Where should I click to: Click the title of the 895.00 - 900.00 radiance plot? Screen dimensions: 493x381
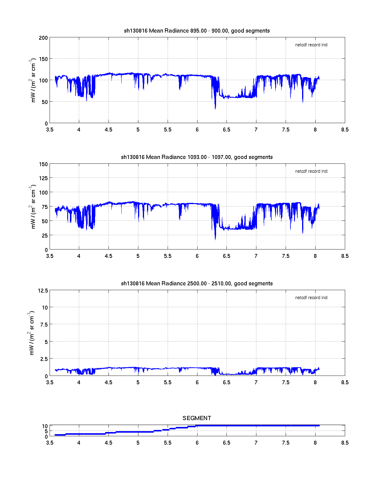pyautogui.click(x=197, y=31)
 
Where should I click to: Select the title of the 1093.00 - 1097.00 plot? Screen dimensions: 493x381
pyautogui.click(x=197, y=157)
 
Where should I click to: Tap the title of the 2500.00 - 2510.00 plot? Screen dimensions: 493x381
pyautogui.click(x=197, y=284)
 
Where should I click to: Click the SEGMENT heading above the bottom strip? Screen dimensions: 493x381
pyautogui.click(x=197, y=418)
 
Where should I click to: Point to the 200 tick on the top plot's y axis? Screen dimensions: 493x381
pyautogui.click(x=43, y=38)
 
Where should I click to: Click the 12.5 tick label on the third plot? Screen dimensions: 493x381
pyautogui.click(x=43, y=290)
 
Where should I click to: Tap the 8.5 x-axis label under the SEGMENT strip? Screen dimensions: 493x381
pyautogui.click(x=345, y=443)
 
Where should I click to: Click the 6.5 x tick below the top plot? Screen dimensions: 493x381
pyautogui.click(x=227, y=130)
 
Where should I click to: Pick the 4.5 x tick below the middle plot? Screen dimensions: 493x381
pyautogui.click(x=108, y=256)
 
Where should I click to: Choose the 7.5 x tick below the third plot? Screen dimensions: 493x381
pyautogui.click(x=286, y=382)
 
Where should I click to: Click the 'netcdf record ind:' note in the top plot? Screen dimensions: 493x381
pyautogui.click(x=311, y=45)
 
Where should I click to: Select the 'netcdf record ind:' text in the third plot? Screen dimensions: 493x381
pyautogui.click(x=311, y=298)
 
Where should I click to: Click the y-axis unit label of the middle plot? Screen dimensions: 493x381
pyautogui.click(x=33, y=207)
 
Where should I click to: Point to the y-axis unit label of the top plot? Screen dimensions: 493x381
pyautogui.click(x=33, y=80)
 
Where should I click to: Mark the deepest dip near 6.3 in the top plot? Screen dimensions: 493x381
pyautogui.click(x=215, y=109)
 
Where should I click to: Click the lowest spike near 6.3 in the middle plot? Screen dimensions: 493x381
pyautogui.click(x=215, y=239)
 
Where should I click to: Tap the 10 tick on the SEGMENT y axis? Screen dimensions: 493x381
pyautogui.click(x=45, y=426)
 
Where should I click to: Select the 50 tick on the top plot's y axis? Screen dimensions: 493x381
pyautogui.click(x=44, y=102)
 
